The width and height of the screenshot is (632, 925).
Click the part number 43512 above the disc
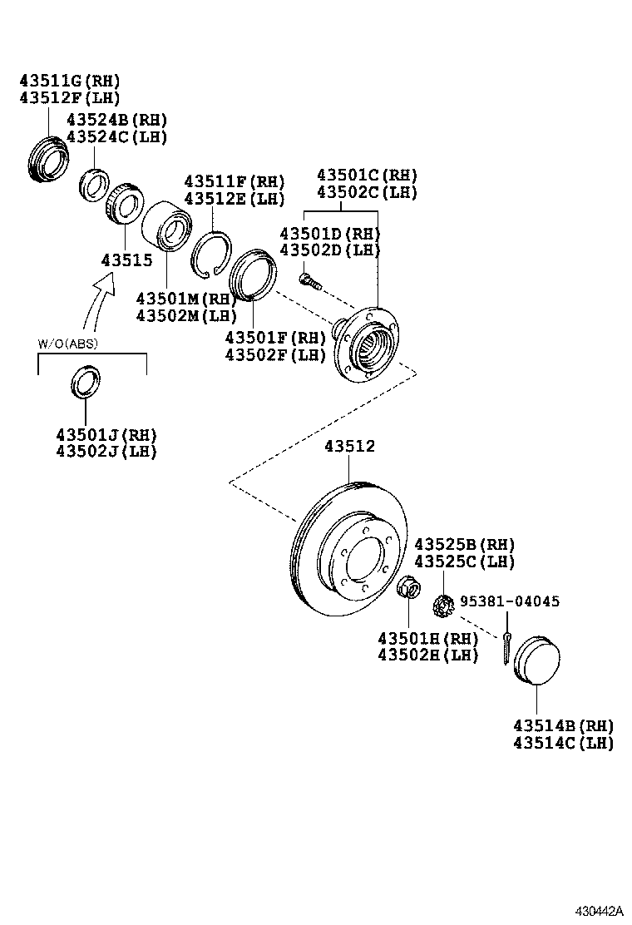349,447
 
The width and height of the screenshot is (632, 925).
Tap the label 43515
126,260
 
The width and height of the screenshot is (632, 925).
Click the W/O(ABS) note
68,344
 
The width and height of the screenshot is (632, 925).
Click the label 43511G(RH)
70,81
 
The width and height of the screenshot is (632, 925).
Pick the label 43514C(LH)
563,743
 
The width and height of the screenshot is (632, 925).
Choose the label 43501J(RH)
106,435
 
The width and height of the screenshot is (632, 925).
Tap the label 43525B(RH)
465,544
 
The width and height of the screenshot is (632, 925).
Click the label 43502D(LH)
329,250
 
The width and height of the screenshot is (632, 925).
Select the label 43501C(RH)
367,176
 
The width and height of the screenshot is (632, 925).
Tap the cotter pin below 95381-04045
506,648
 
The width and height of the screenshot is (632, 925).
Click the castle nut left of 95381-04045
442,605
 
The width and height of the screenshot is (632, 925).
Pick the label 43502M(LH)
187,315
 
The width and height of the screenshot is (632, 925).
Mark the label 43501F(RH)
275,338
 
